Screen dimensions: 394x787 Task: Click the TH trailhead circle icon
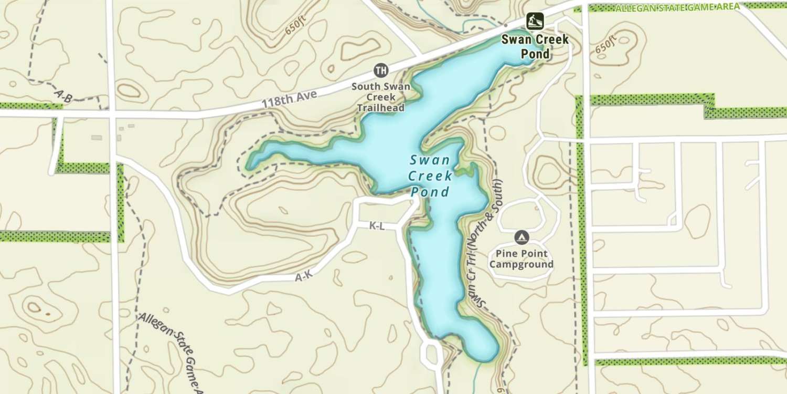tap(381, 70)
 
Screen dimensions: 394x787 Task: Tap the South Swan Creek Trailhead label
tap(381, 97)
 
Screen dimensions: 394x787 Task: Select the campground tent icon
tap(521, 238)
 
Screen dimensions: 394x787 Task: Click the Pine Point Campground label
tap(522, 259)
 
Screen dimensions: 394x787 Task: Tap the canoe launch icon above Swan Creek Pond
tap(535, 21)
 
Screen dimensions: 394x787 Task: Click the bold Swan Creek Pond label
tap(535, 46)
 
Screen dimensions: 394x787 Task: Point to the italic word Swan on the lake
tap(429, 160)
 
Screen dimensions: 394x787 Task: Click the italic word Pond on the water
tap(430, 192)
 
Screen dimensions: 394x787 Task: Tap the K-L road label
tap(377, 226)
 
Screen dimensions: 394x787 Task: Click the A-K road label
tap(304, 277)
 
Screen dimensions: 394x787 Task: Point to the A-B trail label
tap(63, 95)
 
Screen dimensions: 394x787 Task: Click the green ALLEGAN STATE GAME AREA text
tap(677, 7)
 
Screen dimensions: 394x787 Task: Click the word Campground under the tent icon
tap(522, 265)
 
